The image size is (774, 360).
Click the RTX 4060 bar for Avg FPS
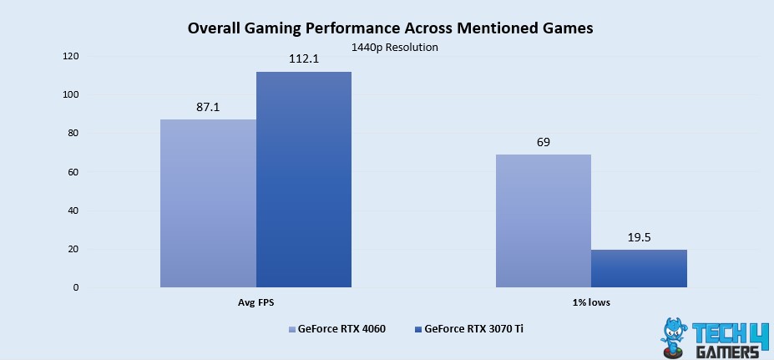tap(208, 204)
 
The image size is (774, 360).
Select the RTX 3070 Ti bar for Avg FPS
tap(304, 180)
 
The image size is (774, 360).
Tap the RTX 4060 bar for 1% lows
tap(544, 221)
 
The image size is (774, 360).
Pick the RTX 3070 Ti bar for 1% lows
tap(639, 268)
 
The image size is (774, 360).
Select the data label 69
tap(544, 142)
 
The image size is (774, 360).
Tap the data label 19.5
tap(639, 237)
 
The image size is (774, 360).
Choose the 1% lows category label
tap(591, 302)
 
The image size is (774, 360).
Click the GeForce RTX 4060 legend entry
tap(336, 328)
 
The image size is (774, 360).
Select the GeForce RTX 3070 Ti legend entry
tap(471, 328)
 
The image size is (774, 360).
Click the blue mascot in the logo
tap(676, 336)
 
